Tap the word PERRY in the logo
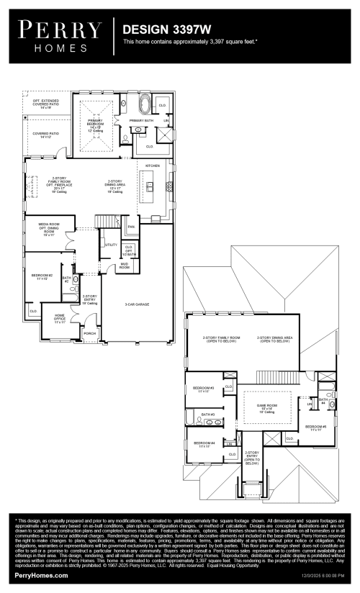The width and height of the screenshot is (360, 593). tap(60, 30)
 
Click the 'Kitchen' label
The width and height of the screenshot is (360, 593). tap(153, 166)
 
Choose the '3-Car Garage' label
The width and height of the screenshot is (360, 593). tap(137, 305)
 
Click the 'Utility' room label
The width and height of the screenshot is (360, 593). tap(111, 245)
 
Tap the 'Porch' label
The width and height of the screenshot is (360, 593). tap(90, 333)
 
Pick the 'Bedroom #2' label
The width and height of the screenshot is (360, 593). tap(42, 276)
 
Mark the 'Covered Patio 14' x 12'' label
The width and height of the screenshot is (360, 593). tap(45, 135)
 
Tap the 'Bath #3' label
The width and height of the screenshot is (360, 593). tap(208, 415)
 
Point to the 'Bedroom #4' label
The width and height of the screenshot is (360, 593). tap(204, 444)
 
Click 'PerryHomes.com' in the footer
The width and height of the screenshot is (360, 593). tap(39, 577)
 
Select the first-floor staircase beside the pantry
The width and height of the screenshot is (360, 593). tap(108, 229)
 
